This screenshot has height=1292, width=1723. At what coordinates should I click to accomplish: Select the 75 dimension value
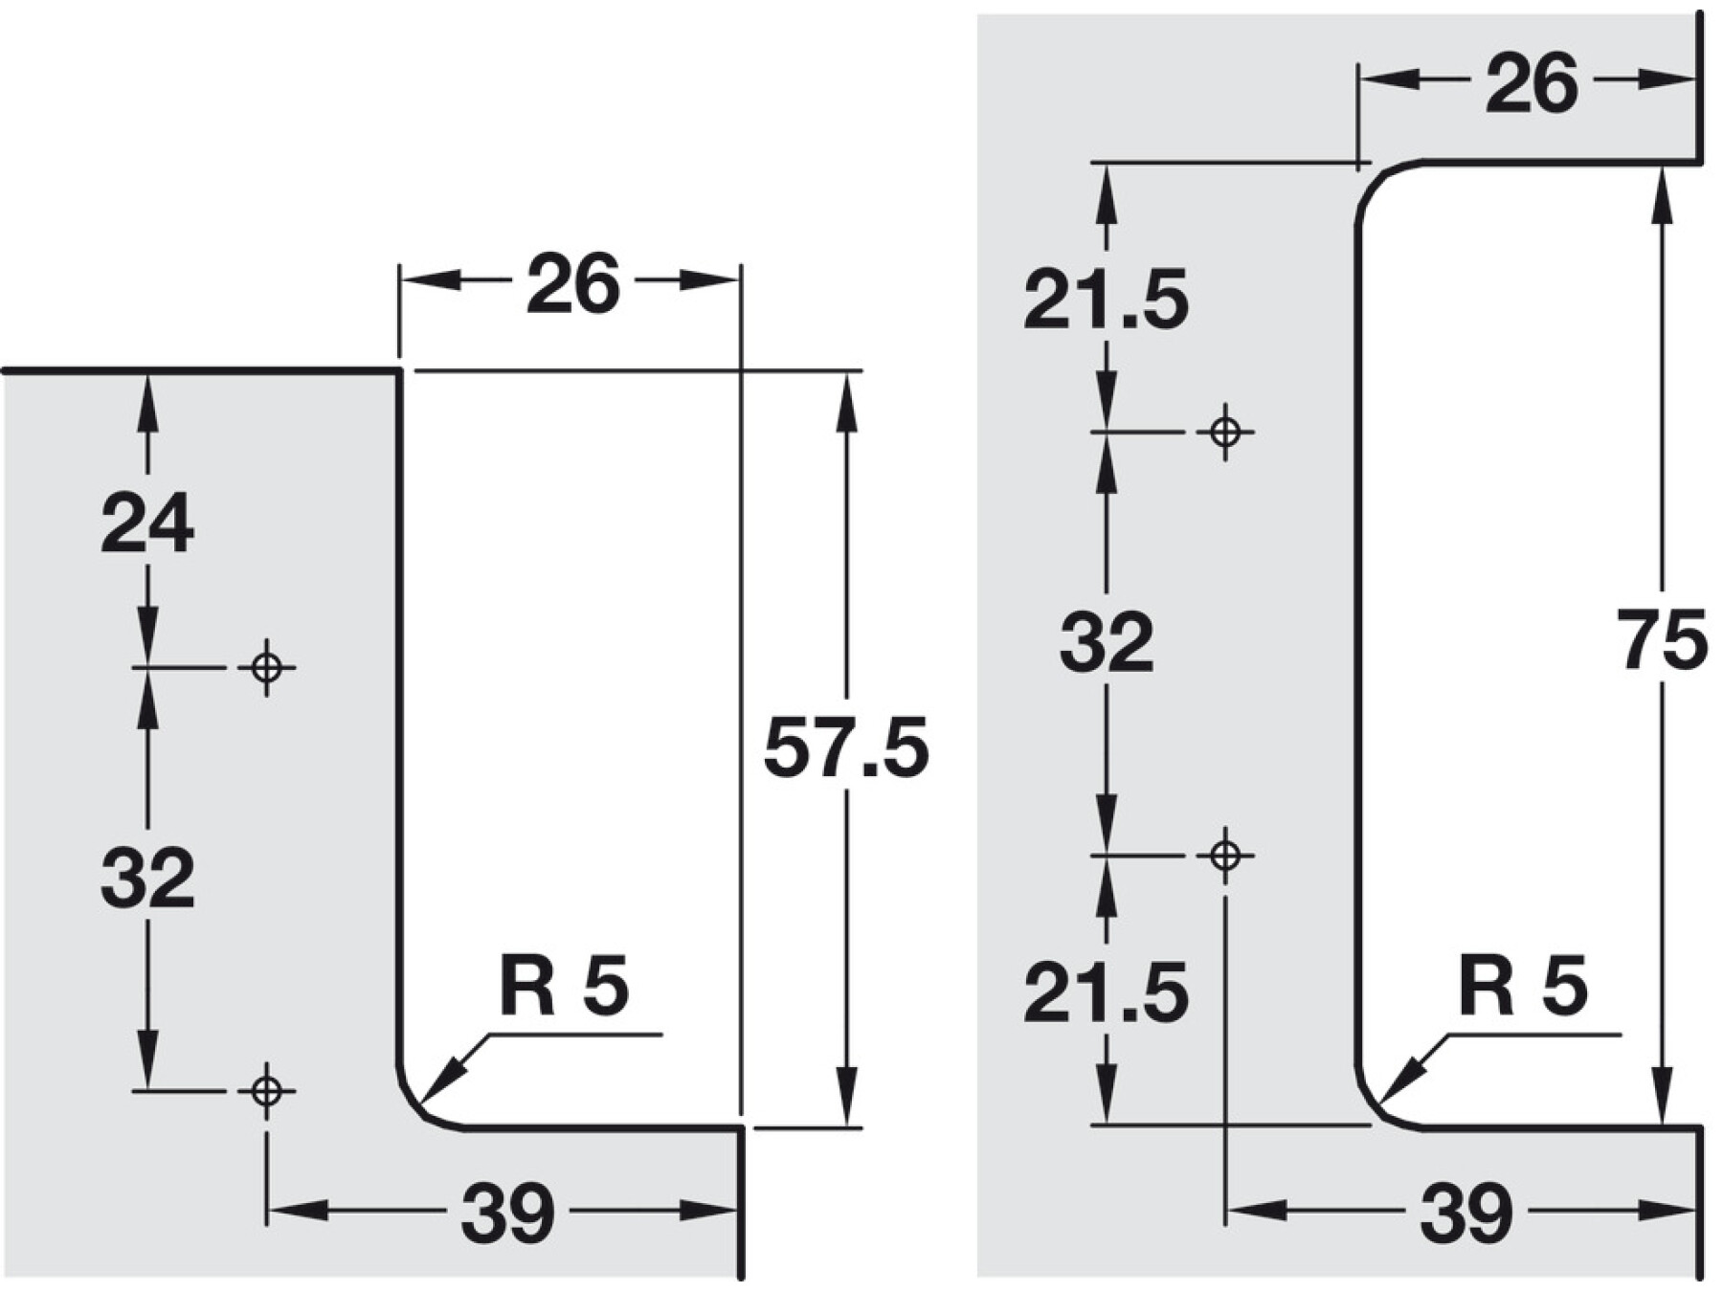click(1664, 640)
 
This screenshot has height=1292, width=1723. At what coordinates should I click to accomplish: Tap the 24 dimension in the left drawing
click(147, 523)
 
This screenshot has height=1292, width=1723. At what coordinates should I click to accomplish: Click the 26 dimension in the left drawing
click(572, 284)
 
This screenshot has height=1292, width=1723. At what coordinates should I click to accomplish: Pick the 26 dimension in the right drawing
click(1532, 84)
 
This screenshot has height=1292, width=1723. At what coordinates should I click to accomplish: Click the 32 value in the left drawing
click(147, 877)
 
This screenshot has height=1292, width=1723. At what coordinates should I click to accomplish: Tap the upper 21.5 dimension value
click(1107, 301)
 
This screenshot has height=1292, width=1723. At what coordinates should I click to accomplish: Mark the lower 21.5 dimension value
click(1107, 993)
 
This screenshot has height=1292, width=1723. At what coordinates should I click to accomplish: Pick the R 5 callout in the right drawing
click(1523, 987)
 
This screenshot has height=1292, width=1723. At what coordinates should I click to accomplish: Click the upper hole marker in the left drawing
click(267, 667)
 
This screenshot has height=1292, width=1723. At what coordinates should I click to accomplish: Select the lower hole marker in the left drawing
click(267, 1090)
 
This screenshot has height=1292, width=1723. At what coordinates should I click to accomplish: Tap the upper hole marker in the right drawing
click(1226, 433)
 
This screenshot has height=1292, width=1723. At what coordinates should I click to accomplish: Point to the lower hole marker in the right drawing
click(1226, 855)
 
